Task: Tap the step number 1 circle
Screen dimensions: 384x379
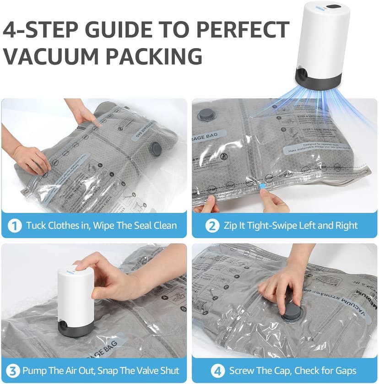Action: pyautogui.click(x=15, y=225)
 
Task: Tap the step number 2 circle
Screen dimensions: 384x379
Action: pyautogui.click(x=212, y=225)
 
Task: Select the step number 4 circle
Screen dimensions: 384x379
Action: pyautogui.click(x=217, y=370)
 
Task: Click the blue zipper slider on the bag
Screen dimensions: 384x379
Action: pyautogui.click(x=263, y=186)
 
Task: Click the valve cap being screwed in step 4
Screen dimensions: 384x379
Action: pyautogui.click(x=290, y=313)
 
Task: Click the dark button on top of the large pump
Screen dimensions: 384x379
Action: pyautogui.click(x=333, y=8)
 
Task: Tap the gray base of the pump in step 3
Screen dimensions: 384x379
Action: pyautogui.click(x=76, y=328)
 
